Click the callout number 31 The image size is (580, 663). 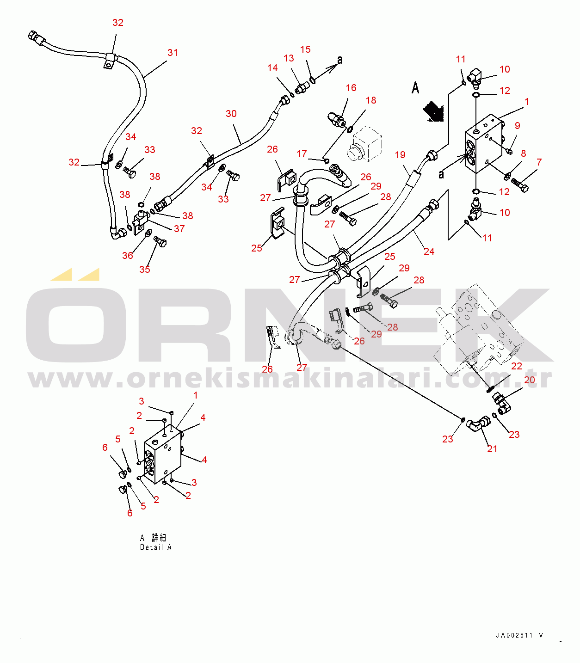(x=173, y=53)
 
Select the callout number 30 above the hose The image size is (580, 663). (x=231, y=114)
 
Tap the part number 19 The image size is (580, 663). (x=400, y=155)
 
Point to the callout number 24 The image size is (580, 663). (x=429, y=252)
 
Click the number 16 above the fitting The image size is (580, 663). (x=351, y=88)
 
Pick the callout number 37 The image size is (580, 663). (x=179, y=229)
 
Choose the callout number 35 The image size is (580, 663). (x=145, y=269)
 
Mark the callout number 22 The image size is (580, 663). (x=517, y=366)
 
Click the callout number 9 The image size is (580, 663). (x=518, y=126)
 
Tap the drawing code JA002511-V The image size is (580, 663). (x=519, y=636)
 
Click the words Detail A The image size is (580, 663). (x=156, y=547)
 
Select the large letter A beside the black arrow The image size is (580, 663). (x=415, y=88)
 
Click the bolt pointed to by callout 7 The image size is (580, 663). (x=520, y=185)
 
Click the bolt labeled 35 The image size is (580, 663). (x=160, y=241)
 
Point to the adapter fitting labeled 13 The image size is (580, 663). (x=302, y=88)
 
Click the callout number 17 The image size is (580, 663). (x=302, y=154)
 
